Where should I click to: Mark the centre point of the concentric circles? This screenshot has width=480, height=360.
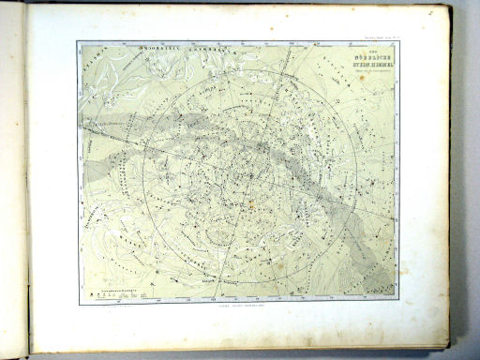click(247, 175)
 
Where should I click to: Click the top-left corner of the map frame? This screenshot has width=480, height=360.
click(78, 42)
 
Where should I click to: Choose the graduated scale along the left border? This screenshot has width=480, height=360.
click(80, 169)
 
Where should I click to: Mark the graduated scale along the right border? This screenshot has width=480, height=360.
click(396, 169)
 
